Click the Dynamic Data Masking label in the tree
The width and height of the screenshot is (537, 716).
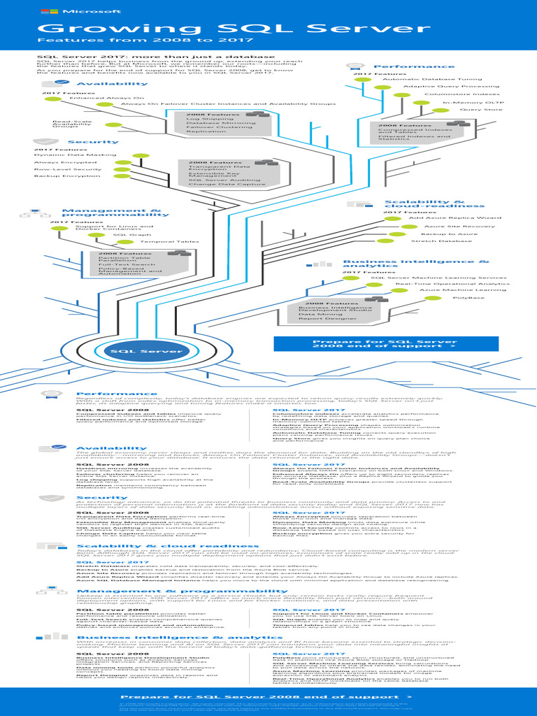coord(65,155)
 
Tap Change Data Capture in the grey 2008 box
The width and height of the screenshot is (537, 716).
coord(217,184)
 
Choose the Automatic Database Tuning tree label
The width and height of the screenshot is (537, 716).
coord(432,79)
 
